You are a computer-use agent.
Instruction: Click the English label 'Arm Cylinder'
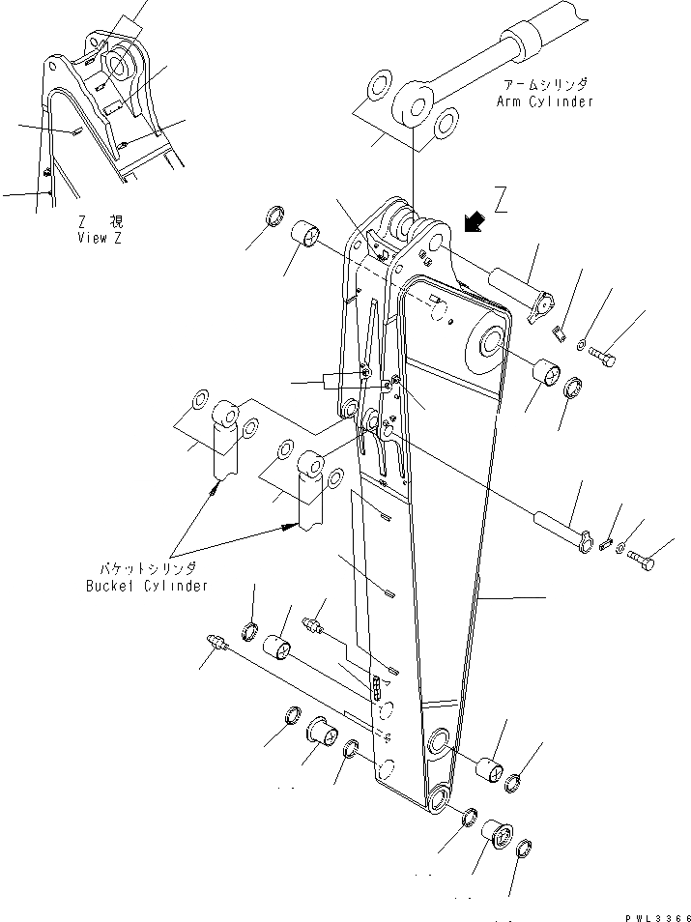pos(545,101)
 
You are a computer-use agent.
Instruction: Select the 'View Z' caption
pos(99,238)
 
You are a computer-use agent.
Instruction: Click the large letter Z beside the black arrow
pos(500,203)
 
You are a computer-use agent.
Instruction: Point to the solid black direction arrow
pos(473,222)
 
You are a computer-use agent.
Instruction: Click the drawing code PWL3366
pos(652,913)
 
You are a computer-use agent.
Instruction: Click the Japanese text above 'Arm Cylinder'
pos(547,85)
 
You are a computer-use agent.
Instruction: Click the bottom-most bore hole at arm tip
pos(440,797)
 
